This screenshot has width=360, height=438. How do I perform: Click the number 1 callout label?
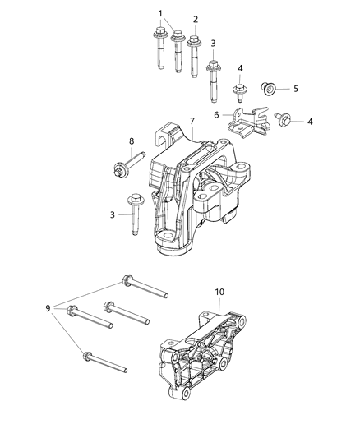[x=160, y=13]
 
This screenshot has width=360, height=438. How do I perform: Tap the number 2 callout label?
[x=195, y=19]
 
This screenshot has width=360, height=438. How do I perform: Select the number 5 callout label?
[x=296, y=88]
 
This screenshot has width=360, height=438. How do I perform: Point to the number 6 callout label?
[x=217, y=116]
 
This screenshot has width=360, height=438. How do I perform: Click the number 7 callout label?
[x=192, y=121]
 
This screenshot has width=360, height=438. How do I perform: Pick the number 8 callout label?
[x=131, y=141]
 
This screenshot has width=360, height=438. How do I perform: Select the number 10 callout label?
[x=219, y=292]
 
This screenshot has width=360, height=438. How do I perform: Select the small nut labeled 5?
[x=267, y=87]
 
